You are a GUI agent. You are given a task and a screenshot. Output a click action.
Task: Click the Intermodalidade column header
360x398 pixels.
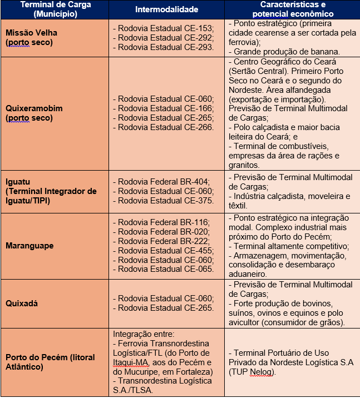167,9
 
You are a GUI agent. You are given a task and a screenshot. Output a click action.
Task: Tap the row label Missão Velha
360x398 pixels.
31,33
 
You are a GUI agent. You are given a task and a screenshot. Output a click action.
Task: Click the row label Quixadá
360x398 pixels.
22,304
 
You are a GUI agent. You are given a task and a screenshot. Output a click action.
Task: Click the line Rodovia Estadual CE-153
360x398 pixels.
162,28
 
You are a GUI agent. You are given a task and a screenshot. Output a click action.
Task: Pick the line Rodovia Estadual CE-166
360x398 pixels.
162,108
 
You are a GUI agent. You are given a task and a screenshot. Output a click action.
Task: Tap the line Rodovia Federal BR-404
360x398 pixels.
161,181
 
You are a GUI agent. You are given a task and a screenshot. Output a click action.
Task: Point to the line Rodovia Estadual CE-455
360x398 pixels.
162,250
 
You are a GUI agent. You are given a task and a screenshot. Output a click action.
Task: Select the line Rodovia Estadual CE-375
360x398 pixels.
162,201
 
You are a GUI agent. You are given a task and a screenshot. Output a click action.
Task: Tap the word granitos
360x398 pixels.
245,165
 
